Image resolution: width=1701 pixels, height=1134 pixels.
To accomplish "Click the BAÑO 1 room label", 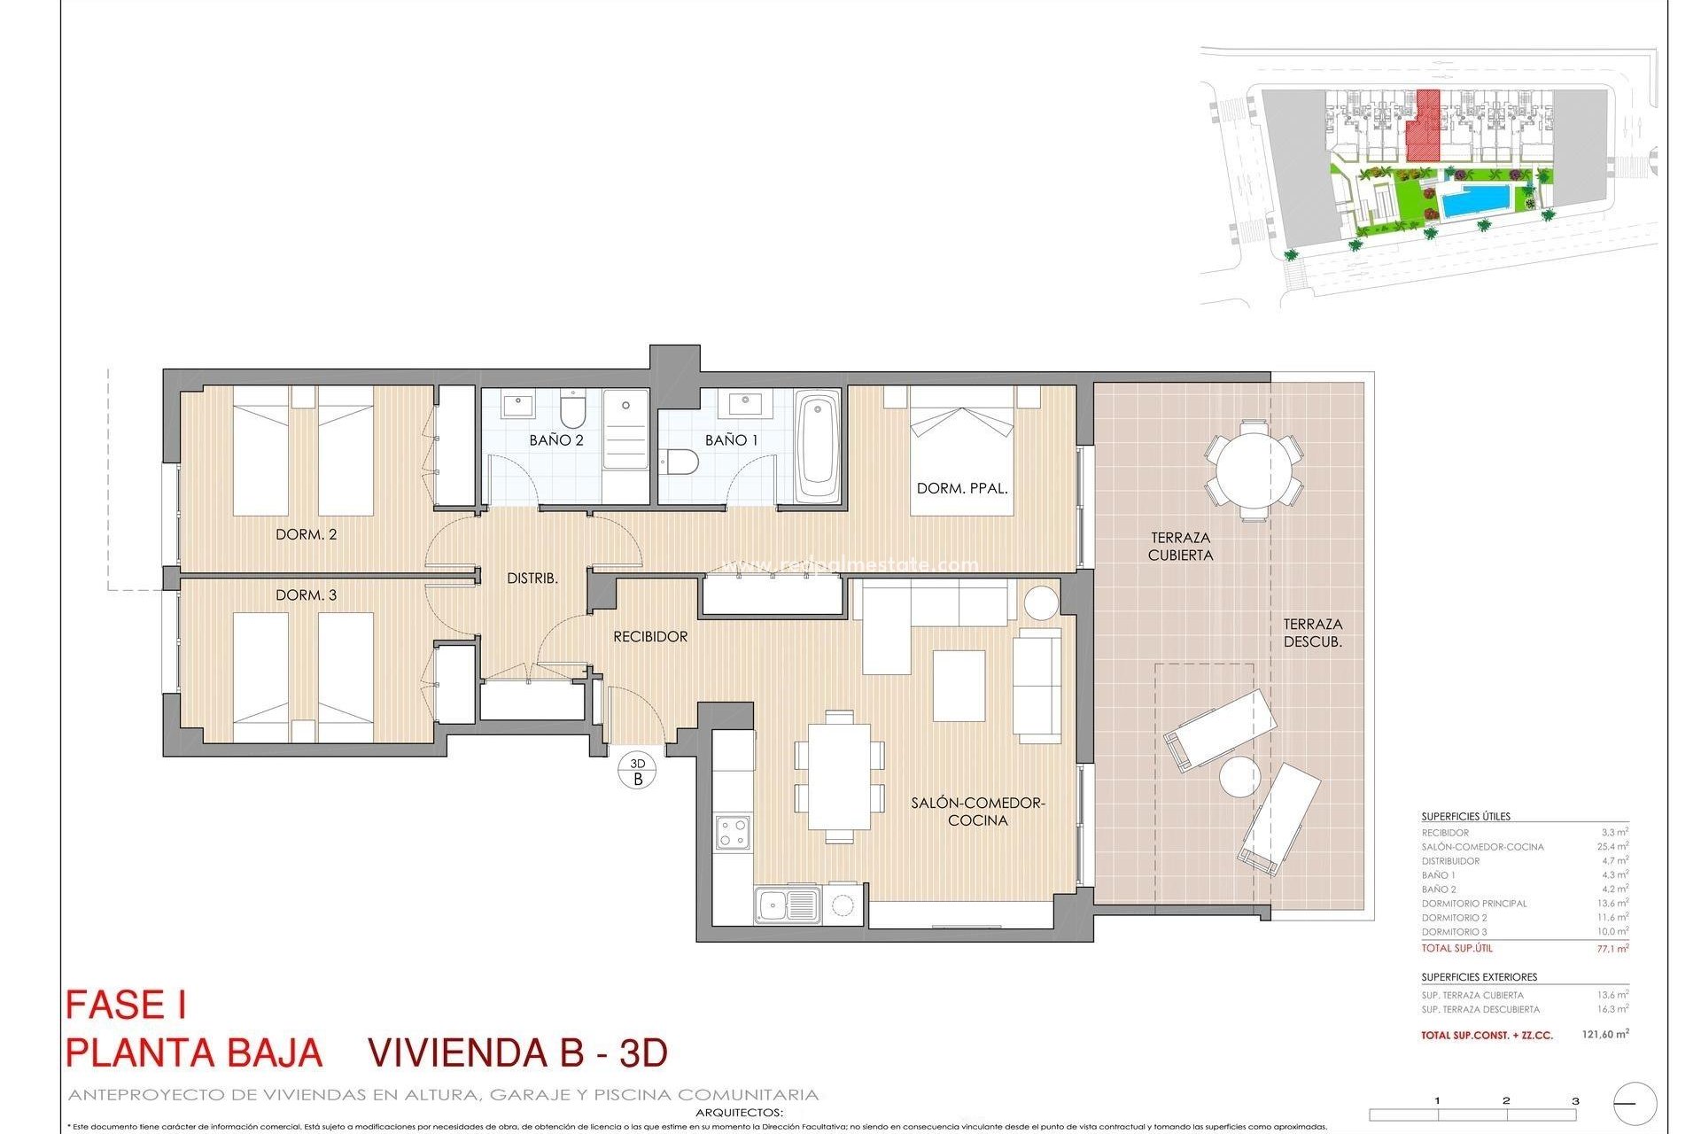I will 732,440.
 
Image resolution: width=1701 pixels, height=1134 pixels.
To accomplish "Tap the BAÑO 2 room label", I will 556,440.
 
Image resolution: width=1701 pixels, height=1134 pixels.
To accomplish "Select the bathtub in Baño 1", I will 818,447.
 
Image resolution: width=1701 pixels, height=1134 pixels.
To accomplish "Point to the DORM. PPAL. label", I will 962,488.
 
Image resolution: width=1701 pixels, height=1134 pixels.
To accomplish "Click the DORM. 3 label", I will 306,595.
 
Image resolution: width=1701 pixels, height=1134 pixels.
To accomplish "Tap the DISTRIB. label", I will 532,579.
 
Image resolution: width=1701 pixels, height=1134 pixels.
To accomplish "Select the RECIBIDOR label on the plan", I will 650,637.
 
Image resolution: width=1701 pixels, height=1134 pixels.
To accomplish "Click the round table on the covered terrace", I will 1253,470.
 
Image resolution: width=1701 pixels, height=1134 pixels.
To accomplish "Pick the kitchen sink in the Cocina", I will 787,905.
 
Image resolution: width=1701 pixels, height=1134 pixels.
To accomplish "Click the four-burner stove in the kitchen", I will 733,832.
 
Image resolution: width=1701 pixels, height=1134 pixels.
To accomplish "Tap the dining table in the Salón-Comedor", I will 839,775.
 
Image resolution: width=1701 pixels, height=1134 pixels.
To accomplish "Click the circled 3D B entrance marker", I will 637,772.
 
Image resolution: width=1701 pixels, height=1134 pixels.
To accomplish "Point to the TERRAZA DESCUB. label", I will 1313,633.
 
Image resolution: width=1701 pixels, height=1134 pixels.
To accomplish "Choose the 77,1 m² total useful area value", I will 1612,949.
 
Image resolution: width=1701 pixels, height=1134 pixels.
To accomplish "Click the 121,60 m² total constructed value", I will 1604,1034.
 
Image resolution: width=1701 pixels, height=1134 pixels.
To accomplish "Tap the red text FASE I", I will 126,1006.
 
